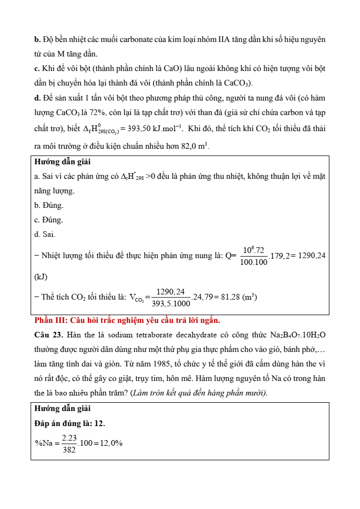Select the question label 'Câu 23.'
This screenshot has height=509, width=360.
tap(48, 335)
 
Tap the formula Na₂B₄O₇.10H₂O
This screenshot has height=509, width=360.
tap(298, 335)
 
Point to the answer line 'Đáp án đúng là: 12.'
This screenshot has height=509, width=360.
tap(70, 423)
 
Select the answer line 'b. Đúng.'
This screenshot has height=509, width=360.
tap(49, 206)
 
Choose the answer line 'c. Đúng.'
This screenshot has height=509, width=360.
tap(49, 220)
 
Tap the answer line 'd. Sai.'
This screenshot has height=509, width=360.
tap(45, 235)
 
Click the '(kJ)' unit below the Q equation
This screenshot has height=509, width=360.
tap(40, 277)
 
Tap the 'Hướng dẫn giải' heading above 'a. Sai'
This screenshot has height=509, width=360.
tap(60, 162)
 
